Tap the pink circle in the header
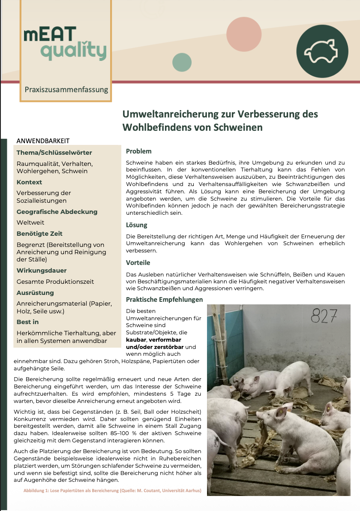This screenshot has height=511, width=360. (244, 34)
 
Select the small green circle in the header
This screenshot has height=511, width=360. (182, 63)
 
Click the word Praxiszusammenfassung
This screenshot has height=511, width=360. (66, 90)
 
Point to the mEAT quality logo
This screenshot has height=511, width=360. (65, 43)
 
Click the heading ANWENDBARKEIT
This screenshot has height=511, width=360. (43, 141)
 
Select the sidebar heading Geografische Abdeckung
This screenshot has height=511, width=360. (57, 212)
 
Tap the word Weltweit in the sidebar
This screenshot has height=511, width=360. (30, 222)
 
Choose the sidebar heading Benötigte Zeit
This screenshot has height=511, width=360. (39, 234)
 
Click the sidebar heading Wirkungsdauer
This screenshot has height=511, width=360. (42, 271)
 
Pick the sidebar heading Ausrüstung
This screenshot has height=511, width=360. (35, 293)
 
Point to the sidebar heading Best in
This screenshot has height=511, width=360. (27, 322)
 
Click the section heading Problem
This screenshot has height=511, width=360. (138, 151)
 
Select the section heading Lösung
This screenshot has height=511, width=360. (136, 225)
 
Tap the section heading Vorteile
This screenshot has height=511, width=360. (138, 263)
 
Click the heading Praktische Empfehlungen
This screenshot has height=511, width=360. (164, 299)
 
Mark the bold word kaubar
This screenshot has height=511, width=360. (136, 340)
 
